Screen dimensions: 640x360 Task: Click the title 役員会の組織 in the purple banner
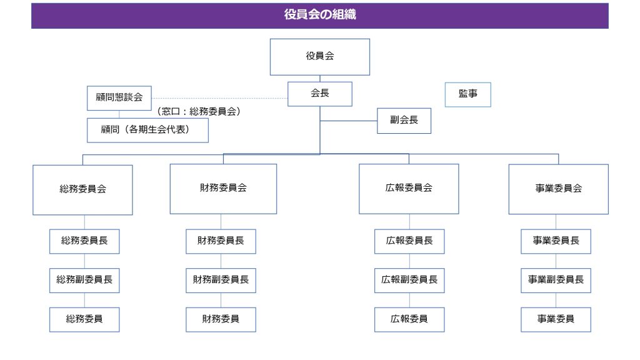click(x=320, y=15)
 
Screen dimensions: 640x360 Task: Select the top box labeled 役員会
click(x=320, y=57)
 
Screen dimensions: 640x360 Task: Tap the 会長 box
click(x=320, y=94)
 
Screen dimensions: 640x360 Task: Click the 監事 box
click(x=467, y=95)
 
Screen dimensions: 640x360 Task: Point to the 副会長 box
click(x=404, y=121)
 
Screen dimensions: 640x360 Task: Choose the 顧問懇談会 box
click(x=119, y=98)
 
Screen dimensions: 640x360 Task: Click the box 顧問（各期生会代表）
click(x=147, y=130)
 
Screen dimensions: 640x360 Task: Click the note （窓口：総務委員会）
click(x=199, y=111)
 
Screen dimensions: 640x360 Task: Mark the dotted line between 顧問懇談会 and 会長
click(x=219, y=98)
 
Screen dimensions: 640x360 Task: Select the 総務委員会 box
click(x=83, y=190)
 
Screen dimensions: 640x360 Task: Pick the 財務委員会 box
click(x=223, y=189)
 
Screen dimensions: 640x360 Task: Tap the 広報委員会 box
click(x=409, y=189)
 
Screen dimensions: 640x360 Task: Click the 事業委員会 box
click(x=558, y=189)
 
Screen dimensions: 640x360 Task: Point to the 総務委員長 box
click(x=84, y=241)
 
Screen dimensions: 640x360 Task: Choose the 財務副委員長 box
click(x=221, y=281)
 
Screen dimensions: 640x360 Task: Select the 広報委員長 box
click(x=409, y=241)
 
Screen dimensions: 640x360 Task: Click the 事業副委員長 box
click(x=556, y=281)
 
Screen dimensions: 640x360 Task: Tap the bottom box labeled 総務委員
click(x=84, y=319)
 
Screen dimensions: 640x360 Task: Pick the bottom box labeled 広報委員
click(x=409, y=319)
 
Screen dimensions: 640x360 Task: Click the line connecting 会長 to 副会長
click(x=349, y=121)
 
